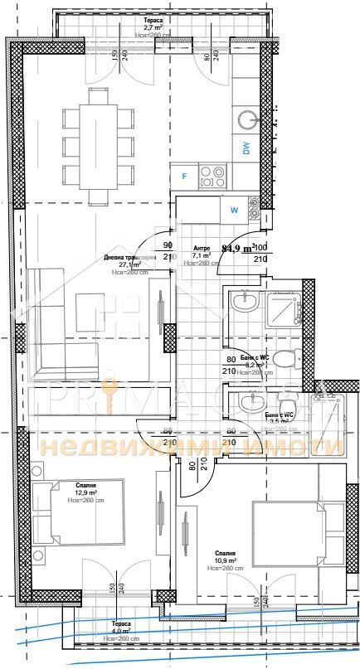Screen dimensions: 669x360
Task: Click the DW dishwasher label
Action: point(246,148)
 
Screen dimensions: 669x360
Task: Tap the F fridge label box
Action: point(184,176)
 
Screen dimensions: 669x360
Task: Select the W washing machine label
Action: point(234,210)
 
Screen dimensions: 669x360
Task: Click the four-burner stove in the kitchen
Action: point(213,176)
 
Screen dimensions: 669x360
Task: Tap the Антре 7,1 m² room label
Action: point(202,253)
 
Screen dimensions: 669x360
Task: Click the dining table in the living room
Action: point(98,146)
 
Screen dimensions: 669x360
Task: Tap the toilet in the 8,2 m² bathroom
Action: point(284,358)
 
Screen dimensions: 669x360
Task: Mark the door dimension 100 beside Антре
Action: point(260,247)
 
